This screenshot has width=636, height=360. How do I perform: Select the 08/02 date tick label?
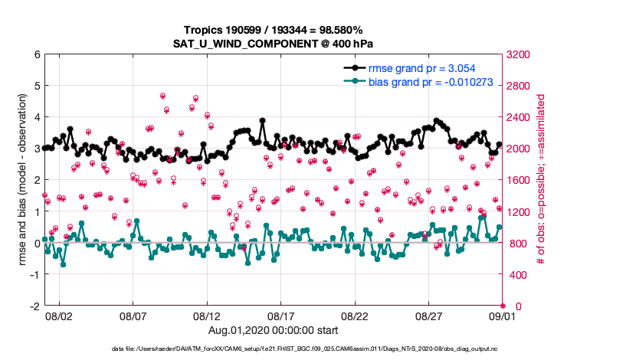59,316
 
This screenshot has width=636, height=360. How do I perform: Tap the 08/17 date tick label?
280,316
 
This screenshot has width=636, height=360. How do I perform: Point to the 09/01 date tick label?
503,316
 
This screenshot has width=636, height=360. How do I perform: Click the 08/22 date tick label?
355,316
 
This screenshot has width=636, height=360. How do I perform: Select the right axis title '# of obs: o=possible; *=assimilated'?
542,181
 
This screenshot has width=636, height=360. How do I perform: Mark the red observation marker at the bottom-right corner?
503,306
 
